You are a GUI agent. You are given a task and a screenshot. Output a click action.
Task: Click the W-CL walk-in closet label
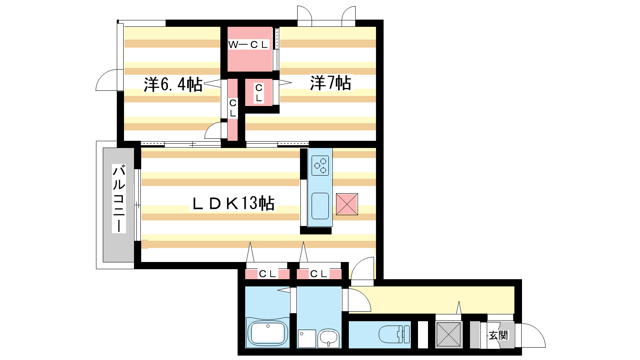248,44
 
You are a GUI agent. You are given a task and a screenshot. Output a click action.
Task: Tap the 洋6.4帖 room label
173,84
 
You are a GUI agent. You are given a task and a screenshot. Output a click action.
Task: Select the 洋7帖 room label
330,83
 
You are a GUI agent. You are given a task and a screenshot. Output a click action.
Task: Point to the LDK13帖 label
233,204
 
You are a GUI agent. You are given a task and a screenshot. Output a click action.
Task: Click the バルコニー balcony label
119,198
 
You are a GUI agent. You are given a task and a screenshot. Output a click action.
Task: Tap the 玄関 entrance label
498,336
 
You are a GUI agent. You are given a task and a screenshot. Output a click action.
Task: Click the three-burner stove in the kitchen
320,166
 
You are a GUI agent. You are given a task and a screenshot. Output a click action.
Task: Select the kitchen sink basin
320,206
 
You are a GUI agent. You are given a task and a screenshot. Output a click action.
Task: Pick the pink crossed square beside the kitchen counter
347,204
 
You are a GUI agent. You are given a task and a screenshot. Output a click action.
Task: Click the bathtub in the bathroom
268,333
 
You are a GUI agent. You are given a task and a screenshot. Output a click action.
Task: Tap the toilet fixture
394,334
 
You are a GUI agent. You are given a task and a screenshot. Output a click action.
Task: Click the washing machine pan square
307,338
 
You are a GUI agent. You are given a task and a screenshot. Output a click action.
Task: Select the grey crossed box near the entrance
448,335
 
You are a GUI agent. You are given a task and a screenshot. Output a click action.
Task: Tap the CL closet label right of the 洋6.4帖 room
233,108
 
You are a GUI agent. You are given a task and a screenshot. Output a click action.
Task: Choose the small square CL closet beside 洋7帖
259,92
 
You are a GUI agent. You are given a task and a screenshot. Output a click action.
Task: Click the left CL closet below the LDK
267,274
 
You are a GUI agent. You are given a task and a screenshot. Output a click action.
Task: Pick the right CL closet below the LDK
319,274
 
